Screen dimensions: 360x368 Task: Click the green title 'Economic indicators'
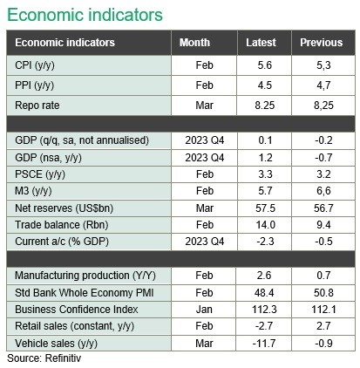[85, 15]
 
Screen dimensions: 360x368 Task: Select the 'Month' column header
[194, 43]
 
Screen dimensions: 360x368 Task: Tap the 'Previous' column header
[322, 43]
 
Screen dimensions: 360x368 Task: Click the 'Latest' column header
[261, 43]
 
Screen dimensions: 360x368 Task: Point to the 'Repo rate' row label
[37, 106]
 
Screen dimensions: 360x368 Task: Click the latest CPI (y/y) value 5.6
[265, 65]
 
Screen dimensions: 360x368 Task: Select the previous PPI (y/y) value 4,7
[323, 85]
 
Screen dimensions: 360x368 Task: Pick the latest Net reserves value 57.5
[265, 208]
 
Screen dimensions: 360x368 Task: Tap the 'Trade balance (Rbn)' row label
[62, 225]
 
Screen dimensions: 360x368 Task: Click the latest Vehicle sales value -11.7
[264, 344]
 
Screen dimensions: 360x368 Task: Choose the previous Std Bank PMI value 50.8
[323, 293]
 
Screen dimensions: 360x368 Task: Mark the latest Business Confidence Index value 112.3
[264, 310]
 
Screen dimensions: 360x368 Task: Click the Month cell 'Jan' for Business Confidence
[204, 310]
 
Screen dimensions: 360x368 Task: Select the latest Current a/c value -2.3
[265, 242]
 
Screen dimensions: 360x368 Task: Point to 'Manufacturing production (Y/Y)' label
[85, 276]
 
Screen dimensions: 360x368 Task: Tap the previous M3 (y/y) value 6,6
[323, 191]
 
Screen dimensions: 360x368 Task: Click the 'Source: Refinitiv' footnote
[44, 358]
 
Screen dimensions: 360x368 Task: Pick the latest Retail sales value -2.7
[264, 326]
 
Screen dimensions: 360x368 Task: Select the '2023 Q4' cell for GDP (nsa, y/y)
[205, 158]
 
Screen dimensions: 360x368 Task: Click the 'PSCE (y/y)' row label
[40, 174]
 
